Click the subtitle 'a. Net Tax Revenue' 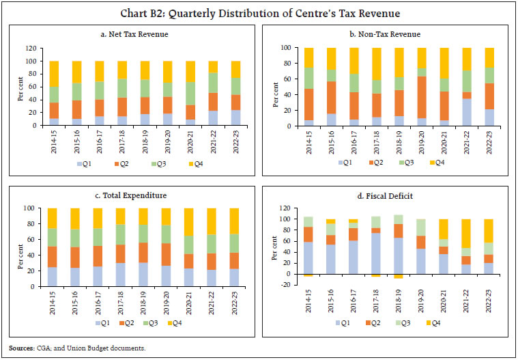tap(131, 34)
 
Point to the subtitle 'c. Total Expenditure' tap(131, 195)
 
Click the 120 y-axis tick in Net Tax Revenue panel tap(31, 49)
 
